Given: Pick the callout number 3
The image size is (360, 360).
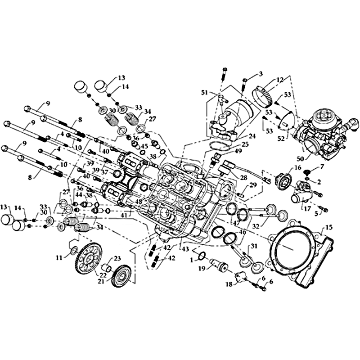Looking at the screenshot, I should coord(260,73).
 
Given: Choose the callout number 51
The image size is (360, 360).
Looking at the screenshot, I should coord(204,93).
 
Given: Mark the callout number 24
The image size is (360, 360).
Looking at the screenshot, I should coord(252,135).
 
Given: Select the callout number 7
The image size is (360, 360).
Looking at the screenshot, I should coord(322,167).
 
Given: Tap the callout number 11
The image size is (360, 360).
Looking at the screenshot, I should coord(59,257).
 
